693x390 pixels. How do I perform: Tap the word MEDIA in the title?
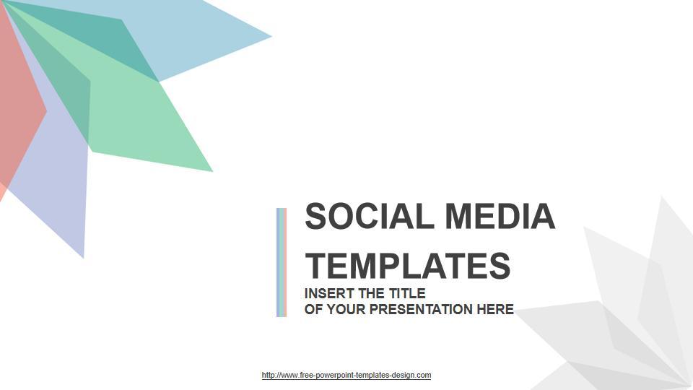coord(500,216)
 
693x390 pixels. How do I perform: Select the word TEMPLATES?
coord(407,265)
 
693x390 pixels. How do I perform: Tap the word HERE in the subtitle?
coord(495,309)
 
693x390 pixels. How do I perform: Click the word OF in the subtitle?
coord(314,309)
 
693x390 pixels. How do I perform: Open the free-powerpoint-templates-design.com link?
coord(346,375)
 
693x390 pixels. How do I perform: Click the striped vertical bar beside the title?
coord(282,262)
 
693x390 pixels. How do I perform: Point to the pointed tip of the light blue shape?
coord(271,37)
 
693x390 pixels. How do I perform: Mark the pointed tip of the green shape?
coord(212,170)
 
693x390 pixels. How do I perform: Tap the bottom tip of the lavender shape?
coord(83,257)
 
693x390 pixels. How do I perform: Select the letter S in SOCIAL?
coord(315,216)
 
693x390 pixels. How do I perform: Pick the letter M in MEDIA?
coord(458,216)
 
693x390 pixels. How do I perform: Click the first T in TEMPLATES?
coord(315,265)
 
